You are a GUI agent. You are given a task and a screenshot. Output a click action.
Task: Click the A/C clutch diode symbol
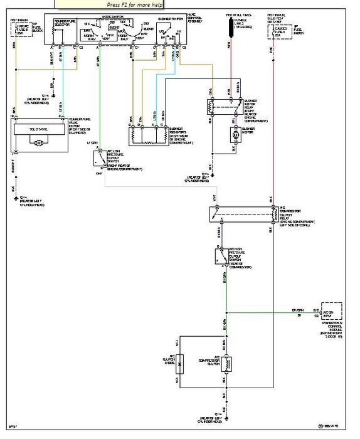(179, 362)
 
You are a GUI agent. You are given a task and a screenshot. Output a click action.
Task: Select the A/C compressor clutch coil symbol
(227, 363)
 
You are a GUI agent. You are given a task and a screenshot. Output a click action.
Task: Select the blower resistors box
(148, 133)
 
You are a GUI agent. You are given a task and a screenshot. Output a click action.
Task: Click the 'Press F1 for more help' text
(134, 4)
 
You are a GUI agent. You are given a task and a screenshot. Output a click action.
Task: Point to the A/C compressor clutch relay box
(245, 214)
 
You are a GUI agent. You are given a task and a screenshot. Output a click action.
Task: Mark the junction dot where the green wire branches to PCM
(226, 310)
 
